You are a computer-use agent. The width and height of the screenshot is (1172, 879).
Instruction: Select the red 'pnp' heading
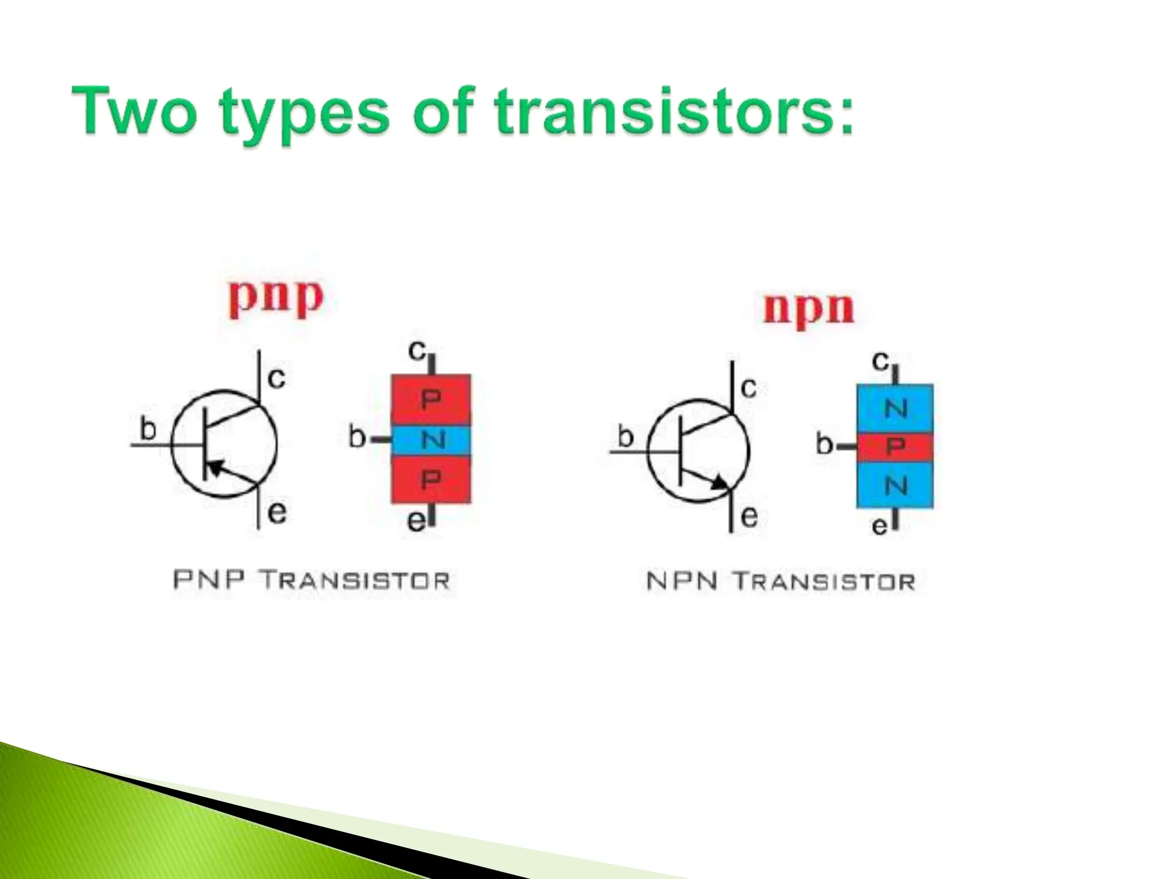click(276, 298)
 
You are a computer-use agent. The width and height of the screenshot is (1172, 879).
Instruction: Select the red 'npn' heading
click(809, 309)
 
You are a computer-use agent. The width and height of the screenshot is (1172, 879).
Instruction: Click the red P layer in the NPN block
click(895, 446)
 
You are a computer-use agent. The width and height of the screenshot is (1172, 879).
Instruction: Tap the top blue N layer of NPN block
click(895, 409)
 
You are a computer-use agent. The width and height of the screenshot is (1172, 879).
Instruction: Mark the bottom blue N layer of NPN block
click(895, 485)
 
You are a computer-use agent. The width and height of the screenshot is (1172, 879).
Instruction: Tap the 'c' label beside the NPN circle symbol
click(749, 388)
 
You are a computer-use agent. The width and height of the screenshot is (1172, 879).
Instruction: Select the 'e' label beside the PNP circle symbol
click(277, 512)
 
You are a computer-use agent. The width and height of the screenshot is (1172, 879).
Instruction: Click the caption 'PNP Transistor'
click(311, 580)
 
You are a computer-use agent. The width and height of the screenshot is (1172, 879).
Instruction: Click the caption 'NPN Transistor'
click(781, 581)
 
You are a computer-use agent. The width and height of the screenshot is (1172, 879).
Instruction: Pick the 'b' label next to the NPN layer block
click(824, 444)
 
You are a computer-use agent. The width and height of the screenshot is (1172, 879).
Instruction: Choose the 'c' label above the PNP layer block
click(418, 350)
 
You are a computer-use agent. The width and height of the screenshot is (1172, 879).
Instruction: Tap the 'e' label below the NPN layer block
click(880, 526)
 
